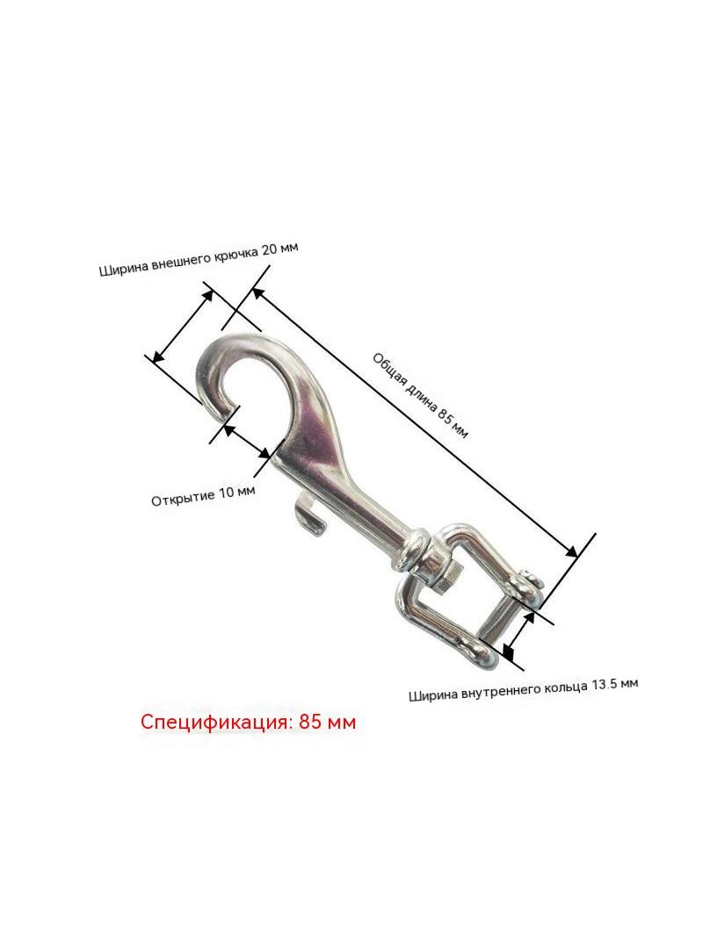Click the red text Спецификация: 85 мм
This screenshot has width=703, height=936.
(248, 722)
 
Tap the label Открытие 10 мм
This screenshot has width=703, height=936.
(203, 495)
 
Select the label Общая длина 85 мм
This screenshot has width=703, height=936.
(421, 395)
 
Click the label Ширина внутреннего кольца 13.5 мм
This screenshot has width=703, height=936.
(524, 689)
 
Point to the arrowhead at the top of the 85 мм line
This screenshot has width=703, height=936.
(257, 293)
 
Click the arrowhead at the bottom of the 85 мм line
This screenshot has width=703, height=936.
(572, 552)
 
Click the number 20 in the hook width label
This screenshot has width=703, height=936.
(271, 250)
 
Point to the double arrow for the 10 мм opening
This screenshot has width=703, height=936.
(247, 441)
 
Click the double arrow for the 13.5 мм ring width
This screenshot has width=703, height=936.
(518, 636)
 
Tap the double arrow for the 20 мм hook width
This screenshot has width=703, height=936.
(183, 326)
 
